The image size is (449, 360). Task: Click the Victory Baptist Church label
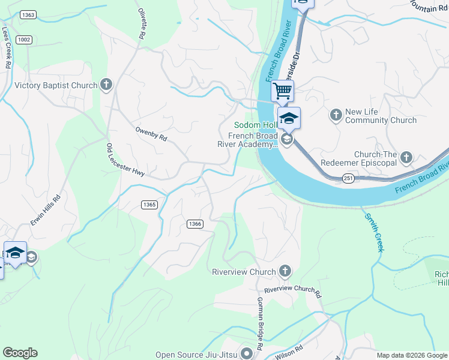point(56,85)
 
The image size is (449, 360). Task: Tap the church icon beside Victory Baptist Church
point(107,85)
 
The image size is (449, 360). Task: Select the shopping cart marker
point(283,91)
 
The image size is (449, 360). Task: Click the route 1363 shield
point(28,14)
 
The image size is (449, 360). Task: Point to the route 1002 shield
point(24,40)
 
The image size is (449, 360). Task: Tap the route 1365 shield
point(150,205)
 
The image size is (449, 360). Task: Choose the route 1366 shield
point(194,224)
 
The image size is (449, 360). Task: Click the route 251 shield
point(349,178)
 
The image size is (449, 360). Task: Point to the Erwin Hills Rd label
point(46,211)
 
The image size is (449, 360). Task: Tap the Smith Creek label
point(372,230)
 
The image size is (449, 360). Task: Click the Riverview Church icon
point(285,272)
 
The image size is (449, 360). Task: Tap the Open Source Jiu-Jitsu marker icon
point(246,354)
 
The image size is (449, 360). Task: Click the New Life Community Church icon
point(336,113)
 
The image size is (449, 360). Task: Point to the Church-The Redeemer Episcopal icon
point(407,157)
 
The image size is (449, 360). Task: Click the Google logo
point(20,353)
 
